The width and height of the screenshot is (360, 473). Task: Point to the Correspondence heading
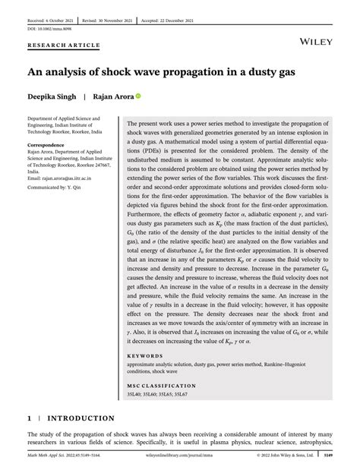[x=50, y=143]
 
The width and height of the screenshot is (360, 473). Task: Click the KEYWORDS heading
[x=144, y=355]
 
